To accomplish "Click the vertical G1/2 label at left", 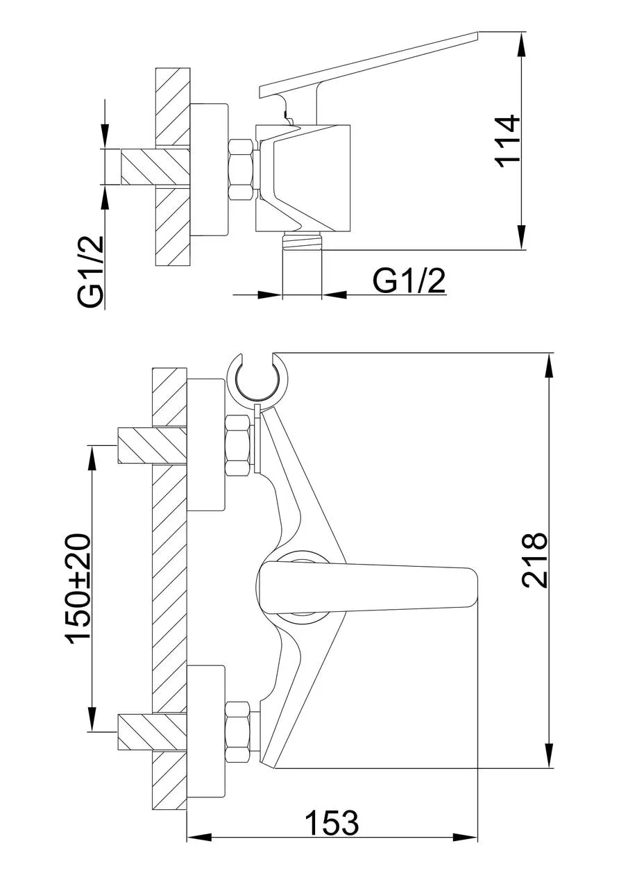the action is (x=90, y=273).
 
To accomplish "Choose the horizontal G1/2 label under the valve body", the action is (x=409, y=282).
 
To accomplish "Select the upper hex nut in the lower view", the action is (x=238, y=444).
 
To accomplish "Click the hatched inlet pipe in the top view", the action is (x=155, y=167).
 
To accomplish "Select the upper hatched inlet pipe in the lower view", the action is (x=151, y=445).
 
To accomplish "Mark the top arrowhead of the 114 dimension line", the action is (x=523, y=44).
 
